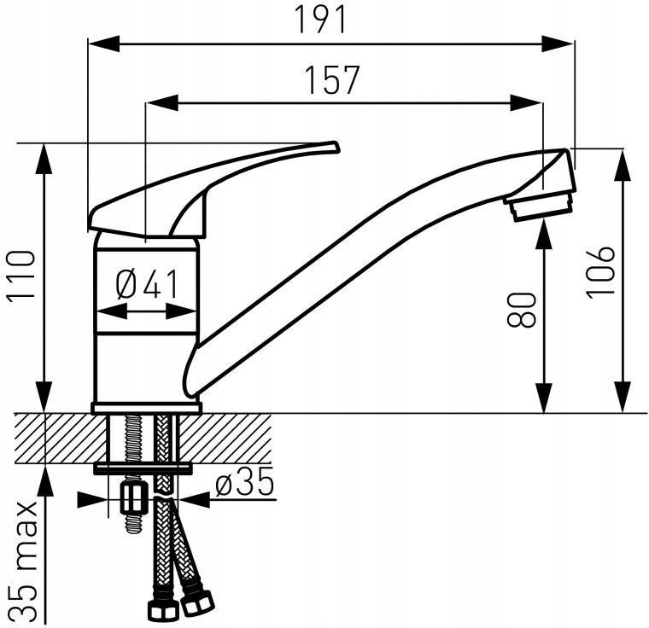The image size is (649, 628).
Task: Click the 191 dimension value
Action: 320,20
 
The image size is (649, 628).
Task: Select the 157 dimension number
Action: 332,80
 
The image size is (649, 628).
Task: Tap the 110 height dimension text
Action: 21,275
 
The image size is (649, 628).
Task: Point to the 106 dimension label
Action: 600,272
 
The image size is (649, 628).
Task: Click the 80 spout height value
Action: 522,310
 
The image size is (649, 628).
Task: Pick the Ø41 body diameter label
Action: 148,284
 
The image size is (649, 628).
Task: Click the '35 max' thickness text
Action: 24,562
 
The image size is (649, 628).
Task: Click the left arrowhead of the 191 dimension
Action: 104,44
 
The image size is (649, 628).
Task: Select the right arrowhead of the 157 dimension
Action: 526,103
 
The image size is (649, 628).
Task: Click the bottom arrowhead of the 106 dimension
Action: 623,397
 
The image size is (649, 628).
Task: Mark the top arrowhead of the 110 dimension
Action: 44,159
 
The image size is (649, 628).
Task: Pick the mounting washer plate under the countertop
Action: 143,468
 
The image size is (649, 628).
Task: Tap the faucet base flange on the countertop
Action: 147,408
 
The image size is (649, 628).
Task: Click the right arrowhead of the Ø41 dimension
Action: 180,311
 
